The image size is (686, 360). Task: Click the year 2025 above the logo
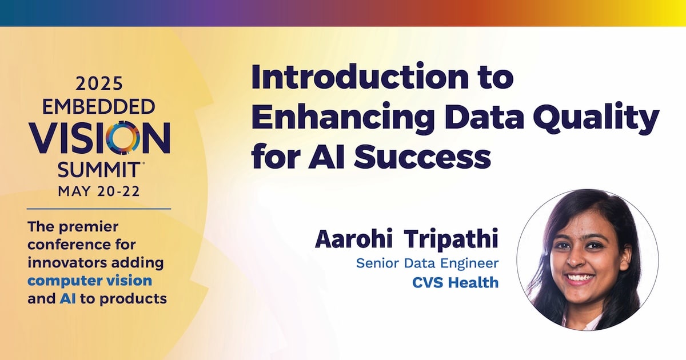pyautogui.click(x=99, y=83)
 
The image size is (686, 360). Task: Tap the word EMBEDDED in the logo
pyautogui.click(x=98, y=107)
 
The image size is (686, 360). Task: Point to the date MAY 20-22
pyautogui.click(x=99, y=191)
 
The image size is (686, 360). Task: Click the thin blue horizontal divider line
pyautogui.click(x=99, y=209)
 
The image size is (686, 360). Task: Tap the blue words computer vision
pyautogui.click(x=90, y=281)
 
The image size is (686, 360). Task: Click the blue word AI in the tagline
pyautogui.click(x=67, y=298)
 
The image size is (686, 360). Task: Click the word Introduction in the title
pyautogui.click(x=359, y=76)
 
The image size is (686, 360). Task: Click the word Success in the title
pyautogui.click(x=422, y=157)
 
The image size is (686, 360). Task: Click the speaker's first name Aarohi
pyautogui.click(x=354, y=239)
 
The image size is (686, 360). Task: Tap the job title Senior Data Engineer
pyautogui.click(x=427, y=263)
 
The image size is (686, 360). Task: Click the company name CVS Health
pyautogui.click(x=456, y=282)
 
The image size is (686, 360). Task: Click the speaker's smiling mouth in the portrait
pyautogui.click(x=581, y=279)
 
